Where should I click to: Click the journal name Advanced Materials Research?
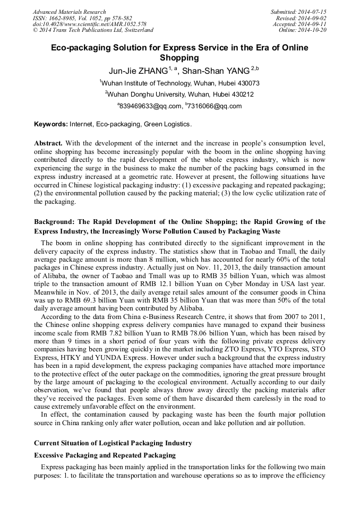69,12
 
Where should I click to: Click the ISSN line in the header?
82,18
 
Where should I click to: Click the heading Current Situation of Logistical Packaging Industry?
113,443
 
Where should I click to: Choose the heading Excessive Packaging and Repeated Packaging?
105,455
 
